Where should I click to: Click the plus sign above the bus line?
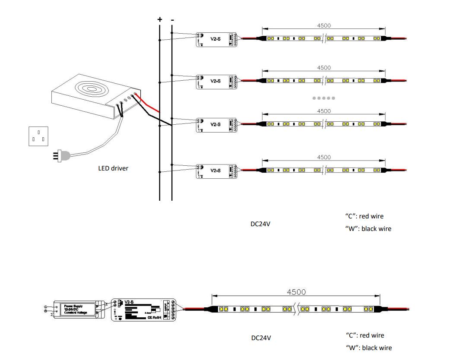tap(160, 19)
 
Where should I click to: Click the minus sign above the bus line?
tap(172, 20)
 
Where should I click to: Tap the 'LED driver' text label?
tap(113, 168)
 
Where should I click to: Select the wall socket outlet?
tap(38, 136)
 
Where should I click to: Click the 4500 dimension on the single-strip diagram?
tap(296, 292)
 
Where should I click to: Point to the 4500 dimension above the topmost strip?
tap(324, 26)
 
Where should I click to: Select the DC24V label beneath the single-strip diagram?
tap(261, 338)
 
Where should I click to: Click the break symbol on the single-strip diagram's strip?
tap(297, 309)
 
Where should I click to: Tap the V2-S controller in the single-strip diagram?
tap(144, 309)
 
